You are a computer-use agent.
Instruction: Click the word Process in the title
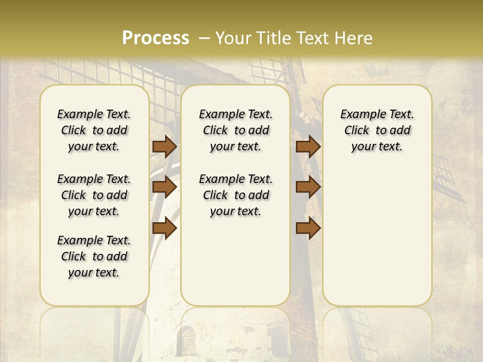[155, 38]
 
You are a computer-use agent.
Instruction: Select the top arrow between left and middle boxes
[165, 147]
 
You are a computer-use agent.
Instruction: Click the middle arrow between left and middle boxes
[165, 187]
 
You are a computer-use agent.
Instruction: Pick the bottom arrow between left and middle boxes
[165, 228]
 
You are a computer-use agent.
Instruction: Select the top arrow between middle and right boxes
[308, 147]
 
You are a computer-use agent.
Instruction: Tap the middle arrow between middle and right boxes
[308, 187]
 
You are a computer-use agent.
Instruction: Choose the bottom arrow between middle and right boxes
[308, 228]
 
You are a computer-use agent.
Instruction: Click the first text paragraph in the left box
[94, 130]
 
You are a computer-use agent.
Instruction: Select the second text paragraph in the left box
[94, 195]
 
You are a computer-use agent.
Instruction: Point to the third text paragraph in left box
[94, 256]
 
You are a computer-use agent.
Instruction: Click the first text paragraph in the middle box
[235, 130]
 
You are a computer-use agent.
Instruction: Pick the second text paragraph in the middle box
[235, 195]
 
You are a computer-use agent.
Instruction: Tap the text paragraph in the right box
[377, 130]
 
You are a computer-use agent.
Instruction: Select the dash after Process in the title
[204, 38]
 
